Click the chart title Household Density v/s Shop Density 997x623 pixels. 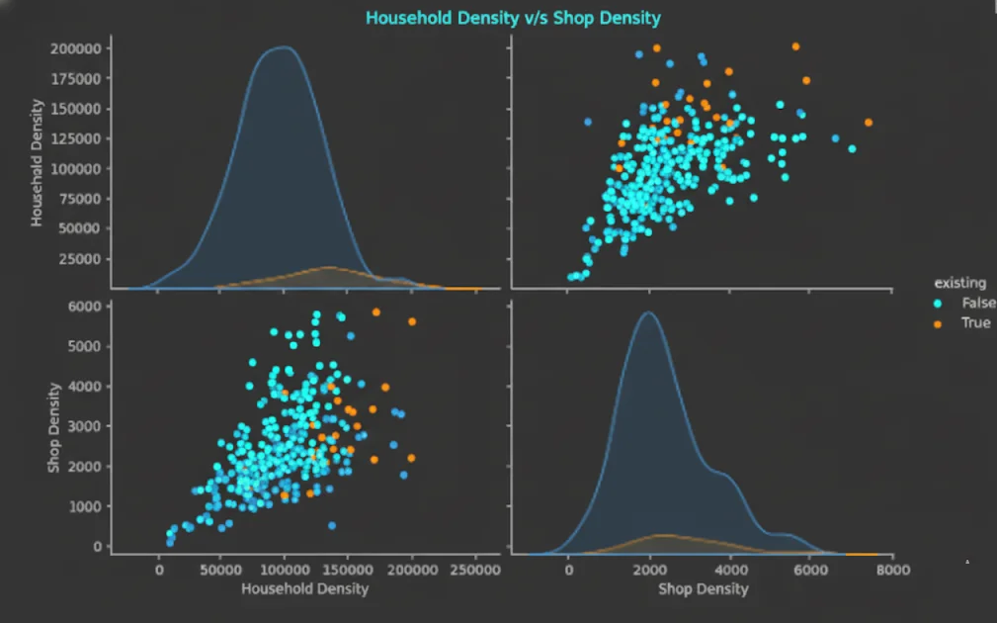click(x=513, y=18)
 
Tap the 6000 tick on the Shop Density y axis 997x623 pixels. click(x=85, y=307)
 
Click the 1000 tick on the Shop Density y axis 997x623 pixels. click(x=85, y=506)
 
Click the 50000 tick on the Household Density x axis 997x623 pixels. click(x=222, y=571)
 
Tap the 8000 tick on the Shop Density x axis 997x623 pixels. click(x=892, y=571)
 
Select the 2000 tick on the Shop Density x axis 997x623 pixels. click(x=649, y=571)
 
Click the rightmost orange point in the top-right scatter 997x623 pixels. click(x=869, y=123)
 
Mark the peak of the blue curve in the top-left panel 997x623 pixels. click(x=285, y=46)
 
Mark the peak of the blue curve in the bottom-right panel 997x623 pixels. click(x=647, y=312)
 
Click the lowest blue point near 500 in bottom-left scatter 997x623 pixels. click(x=331, y=525)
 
